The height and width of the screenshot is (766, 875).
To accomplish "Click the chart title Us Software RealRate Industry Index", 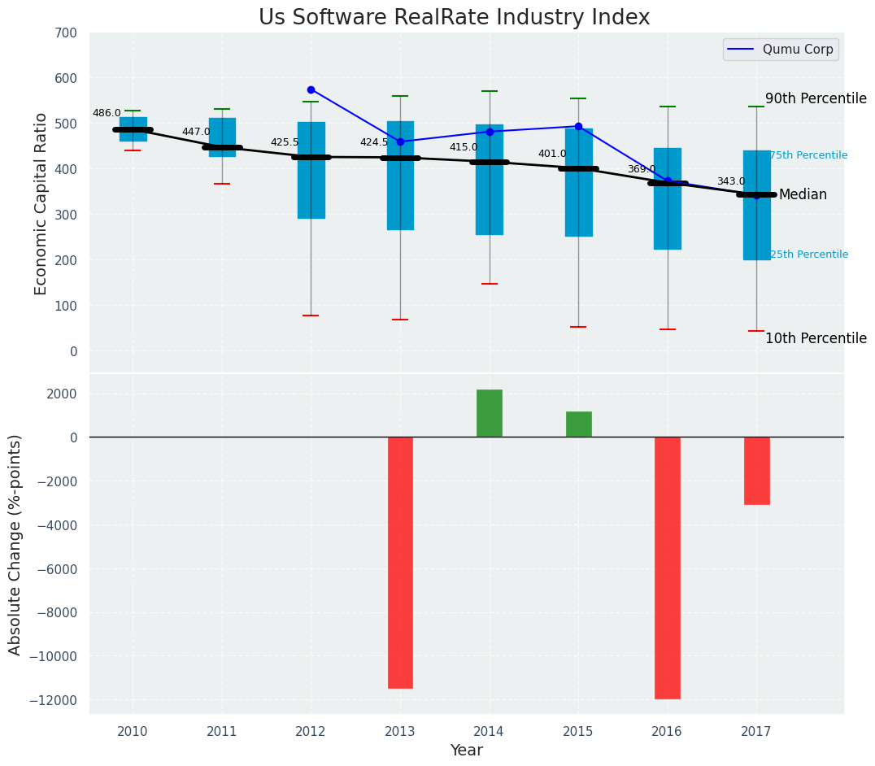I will (x=454, y=18).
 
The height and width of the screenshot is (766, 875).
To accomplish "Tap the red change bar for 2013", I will (x=400, y=563).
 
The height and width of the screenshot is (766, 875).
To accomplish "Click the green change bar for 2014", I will (x=490, y=413).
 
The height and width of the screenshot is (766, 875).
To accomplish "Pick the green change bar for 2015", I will (x=578, y=424).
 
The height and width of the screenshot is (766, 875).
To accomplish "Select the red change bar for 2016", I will (x=668, y=568).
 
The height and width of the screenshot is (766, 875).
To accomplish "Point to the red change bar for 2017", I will (x=756, y=471).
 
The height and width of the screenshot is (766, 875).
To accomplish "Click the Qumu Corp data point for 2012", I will (x=311, y=89).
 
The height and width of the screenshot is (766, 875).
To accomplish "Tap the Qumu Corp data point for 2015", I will (x=578, y=126).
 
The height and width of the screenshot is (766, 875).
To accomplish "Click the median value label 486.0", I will (x=107, y=114).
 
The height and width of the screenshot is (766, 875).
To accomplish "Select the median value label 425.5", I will (x=285, y=142).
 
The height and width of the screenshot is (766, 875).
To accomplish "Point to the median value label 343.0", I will (x=730, y=181).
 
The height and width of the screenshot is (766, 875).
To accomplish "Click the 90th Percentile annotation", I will (x=816, y=98).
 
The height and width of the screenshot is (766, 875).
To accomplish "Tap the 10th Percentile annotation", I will (x=816, y=339).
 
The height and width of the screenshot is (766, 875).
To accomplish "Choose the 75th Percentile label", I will (x=808, y=155).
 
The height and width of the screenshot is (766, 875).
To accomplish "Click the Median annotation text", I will (x=803, y=195).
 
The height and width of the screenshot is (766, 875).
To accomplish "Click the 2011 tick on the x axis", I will (x=222, y=732).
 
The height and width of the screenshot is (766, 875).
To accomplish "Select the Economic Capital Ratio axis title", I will (x=41, y=203).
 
